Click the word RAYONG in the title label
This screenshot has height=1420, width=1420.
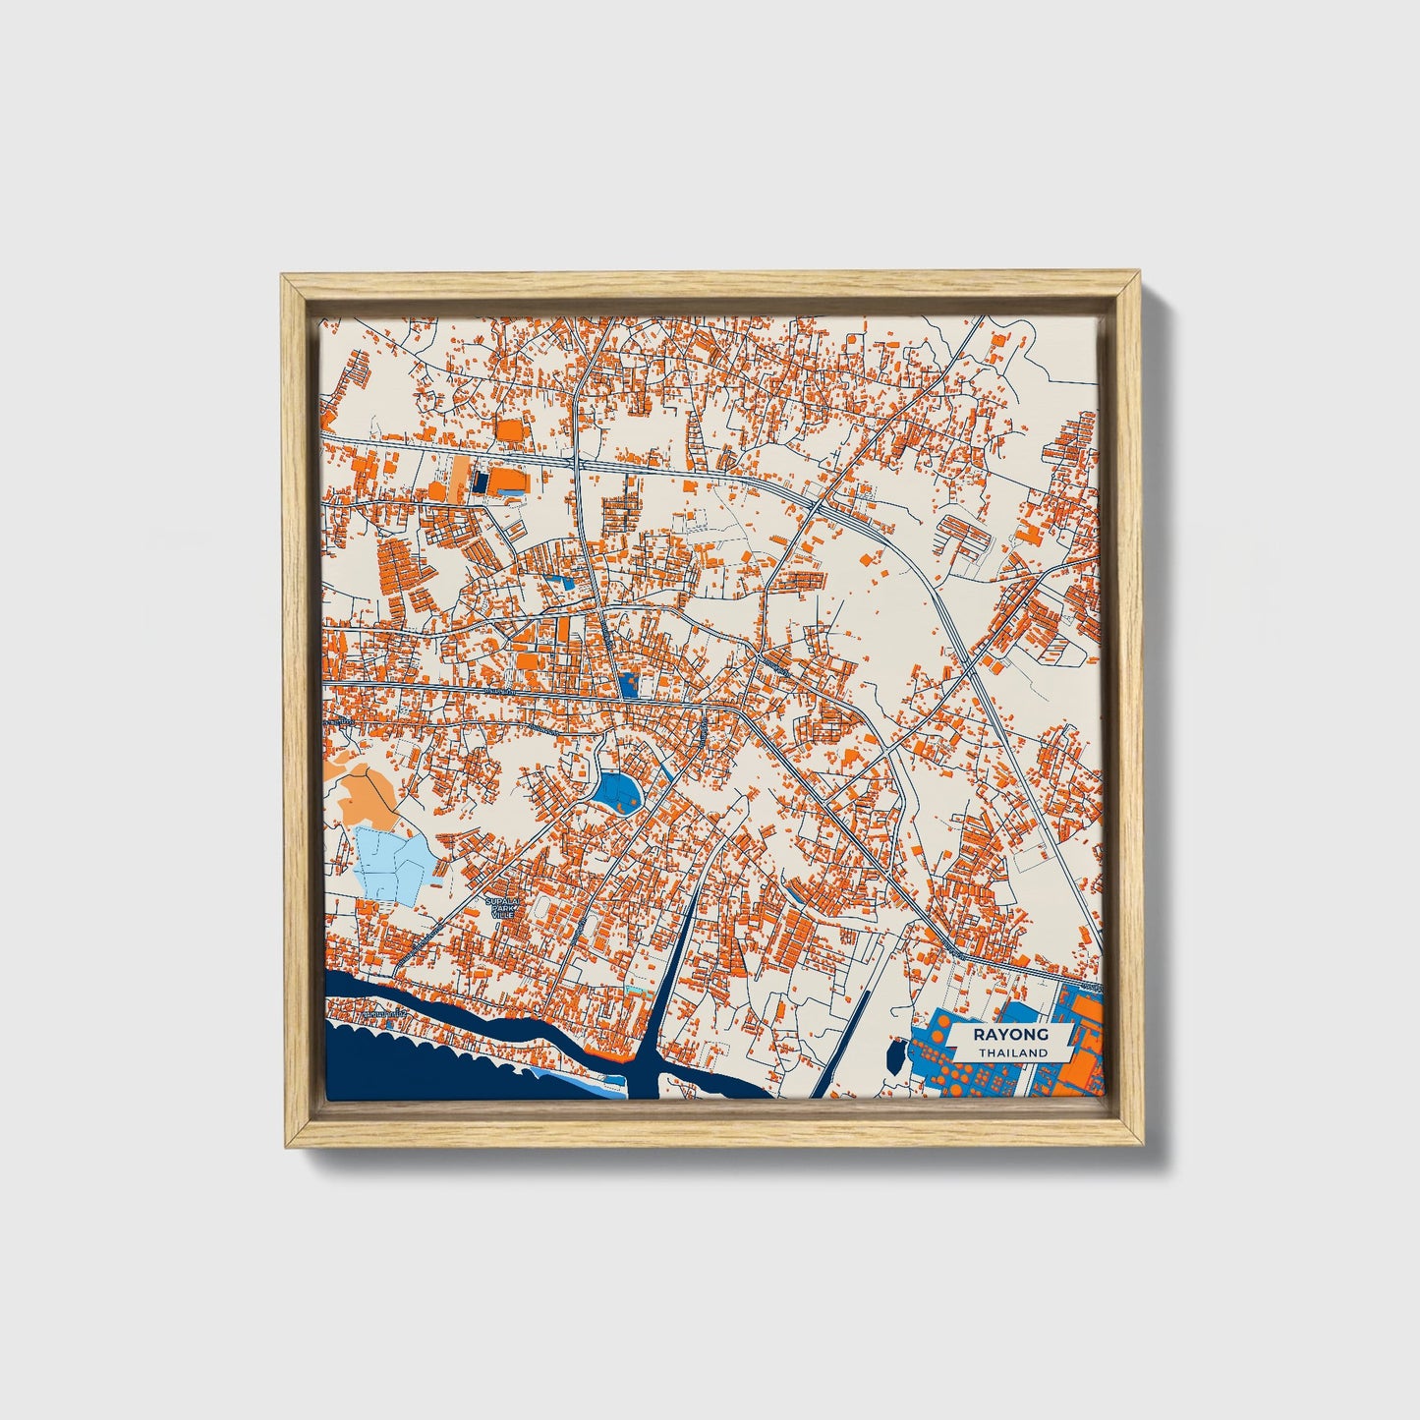(x=1011, y=1034)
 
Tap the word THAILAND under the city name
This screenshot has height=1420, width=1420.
(x=1011, y=1052)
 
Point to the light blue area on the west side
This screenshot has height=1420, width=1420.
(x=391, y=859)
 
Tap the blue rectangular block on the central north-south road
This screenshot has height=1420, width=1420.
(x=628, y=686)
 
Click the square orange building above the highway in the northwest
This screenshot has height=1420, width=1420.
(x=510, y=430)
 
